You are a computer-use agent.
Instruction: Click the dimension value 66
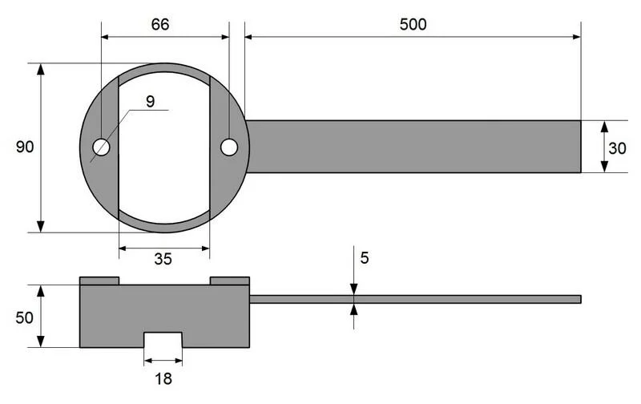point(159,24)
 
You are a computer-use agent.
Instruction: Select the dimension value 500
point(413,25)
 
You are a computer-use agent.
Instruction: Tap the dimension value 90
point(25,147)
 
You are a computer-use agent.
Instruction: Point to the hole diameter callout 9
point(151,102)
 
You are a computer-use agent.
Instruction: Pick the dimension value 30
point(617,148)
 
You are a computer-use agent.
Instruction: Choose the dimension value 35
point(163,259)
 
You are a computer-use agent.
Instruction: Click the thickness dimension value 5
point(365,258)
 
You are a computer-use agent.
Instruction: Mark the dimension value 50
point(24,317)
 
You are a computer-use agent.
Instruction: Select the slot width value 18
point(163,379)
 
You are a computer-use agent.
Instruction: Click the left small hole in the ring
point(101,147)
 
